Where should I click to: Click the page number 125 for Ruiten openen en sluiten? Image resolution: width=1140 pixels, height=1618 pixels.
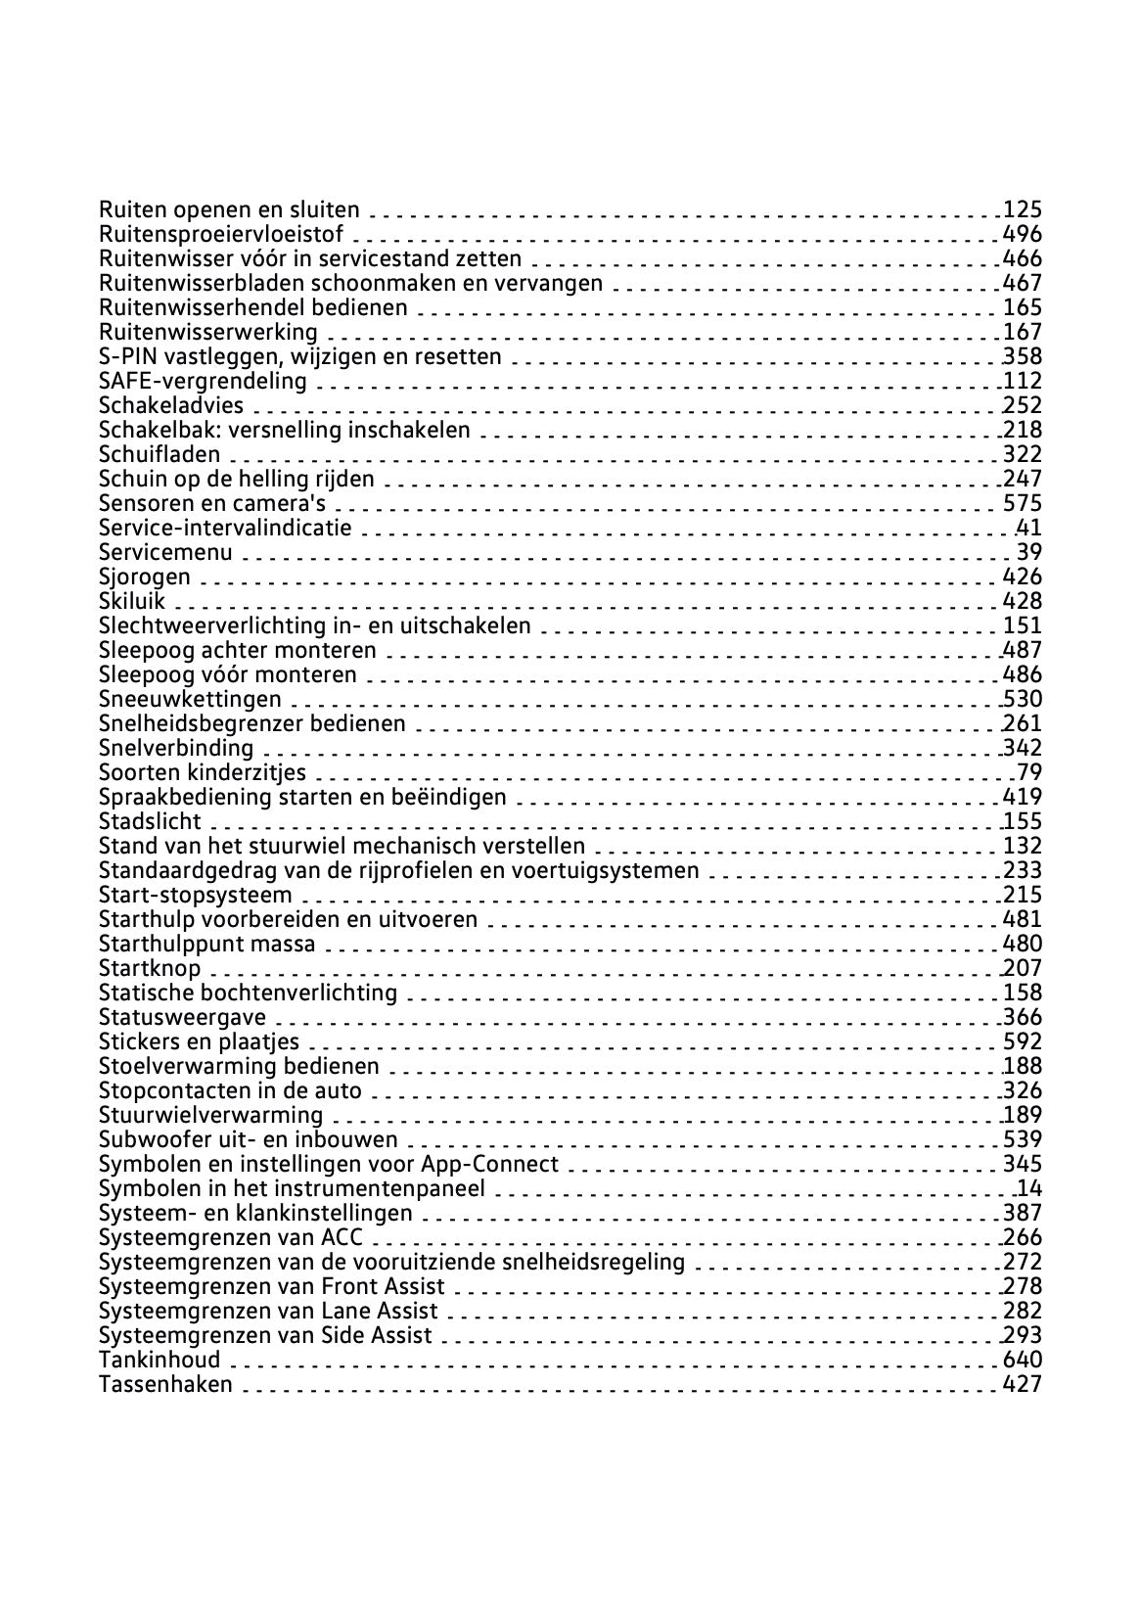pyautogui.click(x=1023, y=209)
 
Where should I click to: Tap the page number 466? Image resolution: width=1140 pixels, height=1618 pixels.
pyautogui.click(x=1023, y=258)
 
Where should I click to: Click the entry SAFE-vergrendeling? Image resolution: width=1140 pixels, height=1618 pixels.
pyautogui.click(x=203, y=381)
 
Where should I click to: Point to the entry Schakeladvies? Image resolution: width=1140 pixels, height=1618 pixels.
pyautogui.click(x=171, y=405)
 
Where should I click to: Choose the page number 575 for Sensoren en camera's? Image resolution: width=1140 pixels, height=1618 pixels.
pyautogui.click(x=1023, y=503)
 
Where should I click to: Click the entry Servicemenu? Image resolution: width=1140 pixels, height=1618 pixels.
pyautogui.click(x=165, y=552)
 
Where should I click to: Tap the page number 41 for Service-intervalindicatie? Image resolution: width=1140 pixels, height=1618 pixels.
pyautogui.click(x=1029, y=528)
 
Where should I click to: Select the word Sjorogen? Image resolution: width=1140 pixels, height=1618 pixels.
pyautogui.click(x=145, y=577)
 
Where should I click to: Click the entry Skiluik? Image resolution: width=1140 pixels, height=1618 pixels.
pyautogui.click(x=132, y=601)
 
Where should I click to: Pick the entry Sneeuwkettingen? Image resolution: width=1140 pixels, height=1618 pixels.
pyautogui.click(x=190, y=699)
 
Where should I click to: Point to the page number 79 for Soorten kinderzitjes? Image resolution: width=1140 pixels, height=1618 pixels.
pyautogui.click(x=1029, y=772)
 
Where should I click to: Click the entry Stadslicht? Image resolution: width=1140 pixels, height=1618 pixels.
pyautogui.click(x=150, y=821)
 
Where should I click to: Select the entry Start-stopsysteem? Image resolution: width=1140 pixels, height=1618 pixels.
pyautogui.click(x=196, y=895)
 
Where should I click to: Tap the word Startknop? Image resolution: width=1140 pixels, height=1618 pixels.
pyautogui.click(x=150, y=968)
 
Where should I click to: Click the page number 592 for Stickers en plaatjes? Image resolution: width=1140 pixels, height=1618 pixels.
pyautogui.click(x=1023, y=1041)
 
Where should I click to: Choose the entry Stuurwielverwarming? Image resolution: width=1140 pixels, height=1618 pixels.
pyautogui.click(x=210, y=1115)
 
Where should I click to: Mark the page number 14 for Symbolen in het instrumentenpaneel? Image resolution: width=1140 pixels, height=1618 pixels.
pyautogui.click(x=1029, y=1188)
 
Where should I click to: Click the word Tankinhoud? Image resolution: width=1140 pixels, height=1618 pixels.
pyautogui.click(x=160, y=1360)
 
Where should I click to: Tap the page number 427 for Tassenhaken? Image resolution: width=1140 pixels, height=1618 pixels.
pyautogui.click(x=1023, y=1384)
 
